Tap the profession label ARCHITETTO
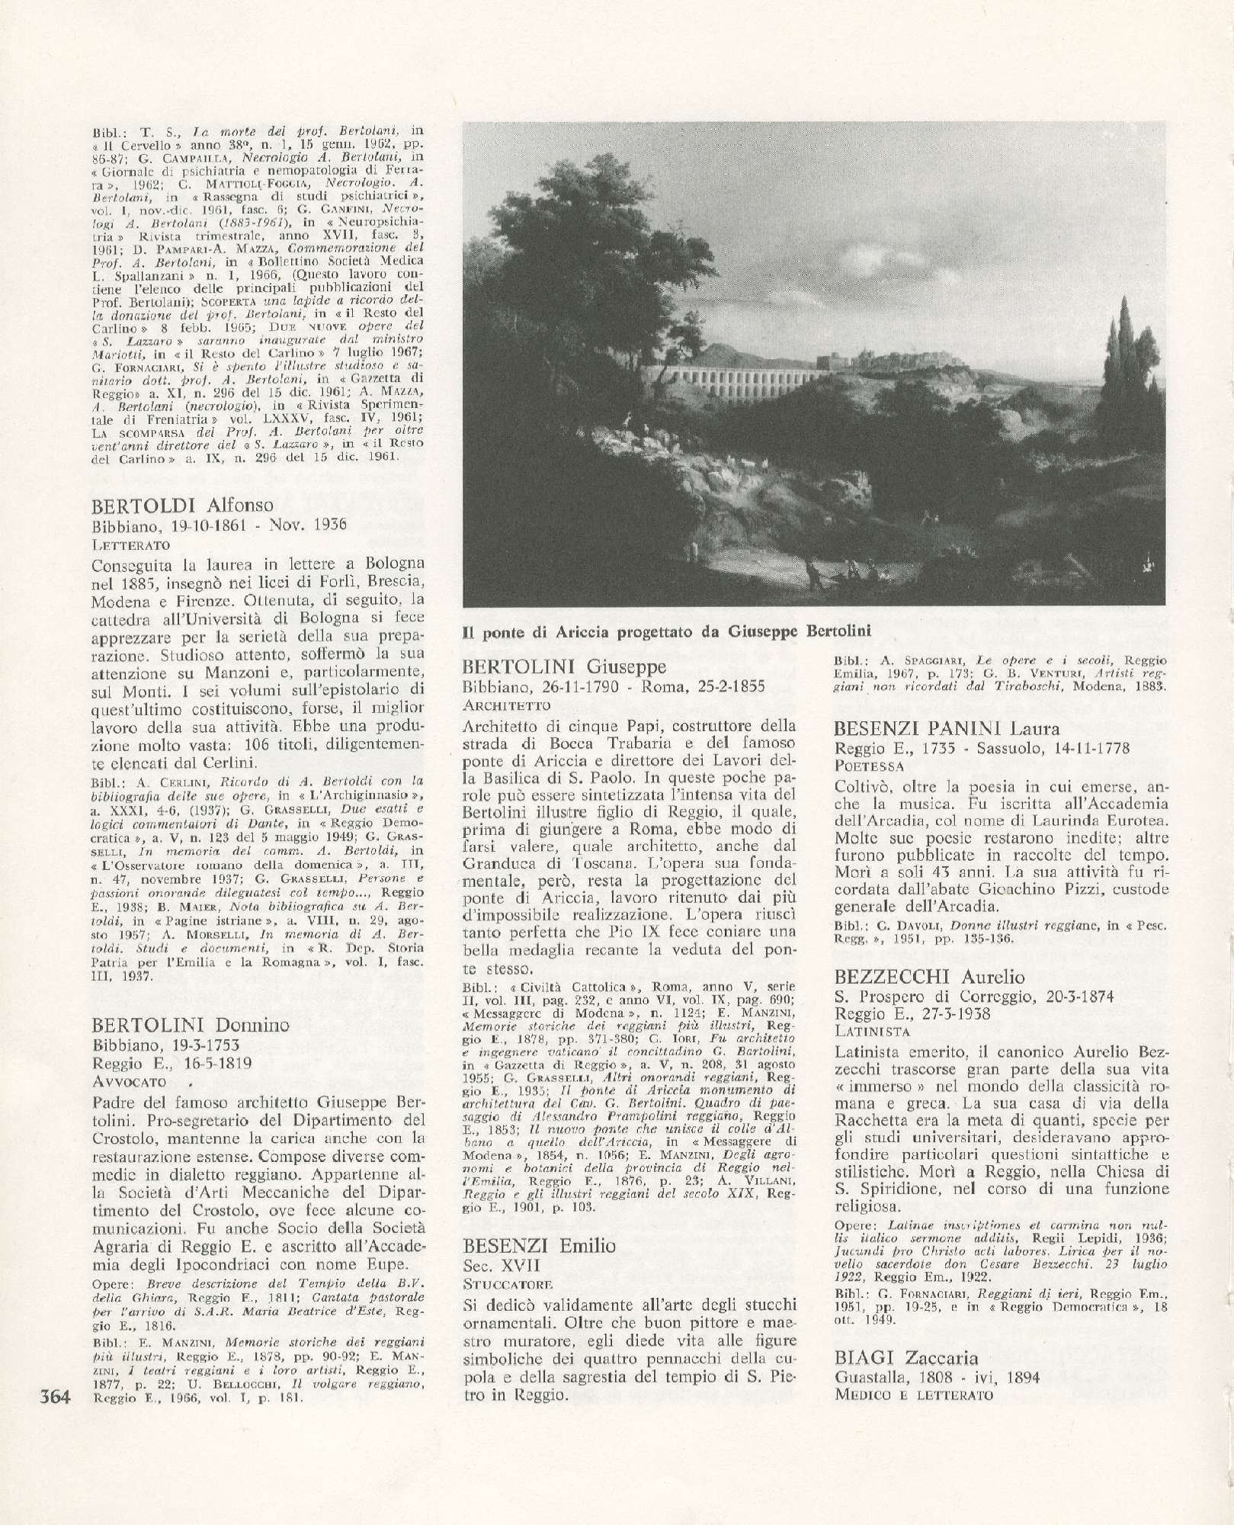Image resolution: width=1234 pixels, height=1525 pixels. pyautogui.click(x=506, y=705)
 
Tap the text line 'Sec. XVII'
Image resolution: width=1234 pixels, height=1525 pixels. pyautogui.click(x=502, y=1265)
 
